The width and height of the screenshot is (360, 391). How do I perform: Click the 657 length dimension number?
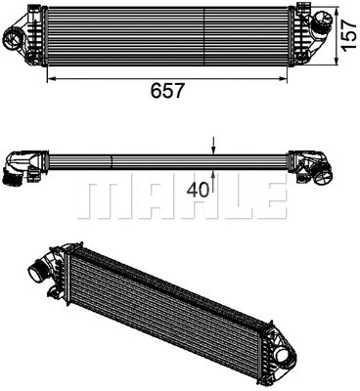[167, 90]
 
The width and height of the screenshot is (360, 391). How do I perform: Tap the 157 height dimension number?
[346, 36]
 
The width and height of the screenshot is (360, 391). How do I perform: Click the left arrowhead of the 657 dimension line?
[50, 76]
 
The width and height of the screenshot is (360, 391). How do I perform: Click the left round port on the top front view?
[19, 37]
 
